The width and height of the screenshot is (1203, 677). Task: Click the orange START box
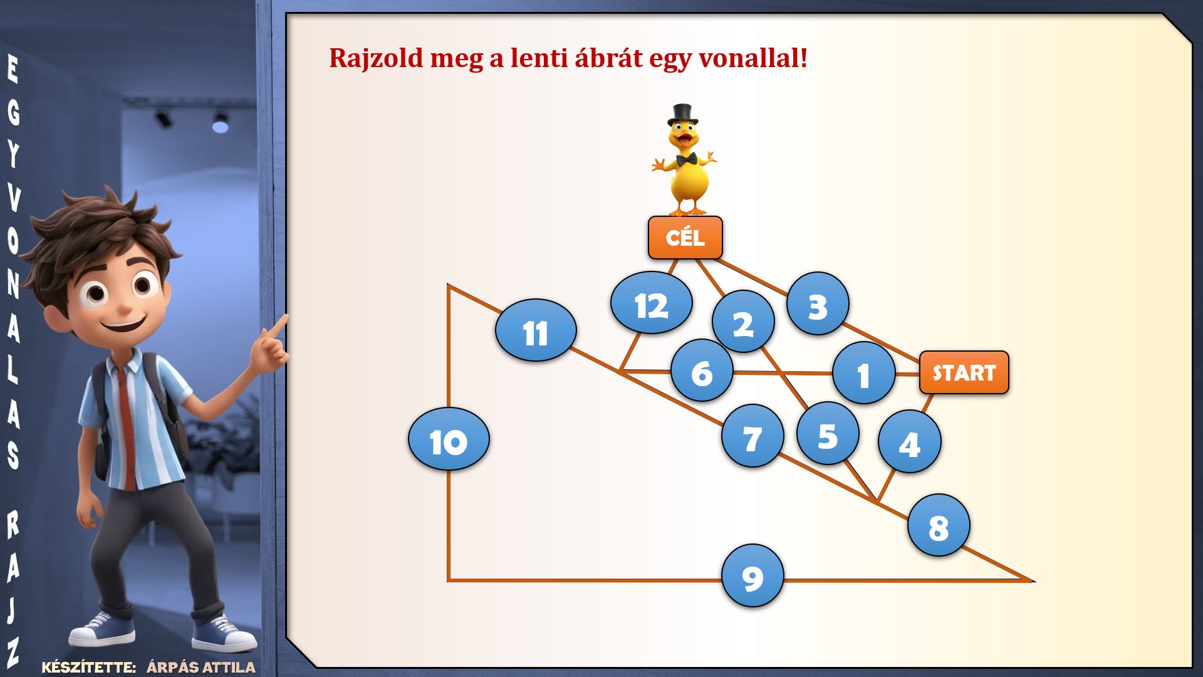pyautogui.click(x=964, y=372)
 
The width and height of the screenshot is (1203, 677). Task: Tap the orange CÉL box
pyautogui.click(x=685, y=238)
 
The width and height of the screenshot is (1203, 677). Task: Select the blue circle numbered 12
pyautogui.click(x=652, y=303)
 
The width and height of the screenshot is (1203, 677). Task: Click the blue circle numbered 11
pyautogui.click(x=536, y=330)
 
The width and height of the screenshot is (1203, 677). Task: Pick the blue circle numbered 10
pyautogui.click(x=449, y=439)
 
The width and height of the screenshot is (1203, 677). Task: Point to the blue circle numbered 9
pyautogui.click(x=753, y=575)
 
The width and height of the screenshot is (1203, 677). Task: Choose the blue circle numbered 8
pyautogui.click(x=939, y=525)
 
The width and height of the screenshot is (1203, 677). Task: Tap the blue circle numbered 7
pyautogui.click(x=753, y=436)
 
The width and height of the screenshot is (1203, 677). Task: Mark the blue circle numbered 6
pyautogui.click(x=702, y=370)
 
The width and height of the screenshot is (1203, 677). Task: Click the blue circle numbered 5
pyautogui.click(x=828, y=433)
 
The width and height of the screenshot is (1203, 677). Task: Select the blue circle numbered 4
pyautogui.click(x=909, y=441)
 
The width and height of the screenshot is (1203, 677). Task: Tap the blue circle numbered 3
pyautogui.click(x=818, y=303)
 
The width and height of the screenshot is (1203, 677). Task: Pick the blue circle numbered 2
pyautogui.click(x=743, y=322)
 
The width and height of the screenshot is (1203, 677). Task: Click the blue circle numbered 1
pyautogui.click(x=863, y=373)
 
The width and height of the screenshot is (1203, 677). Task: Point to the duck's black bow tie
pyautogui.click(x=686, y=159)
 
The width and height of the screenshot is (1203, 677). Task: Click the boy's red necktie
pyautogui.click(x=127, y=426)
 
